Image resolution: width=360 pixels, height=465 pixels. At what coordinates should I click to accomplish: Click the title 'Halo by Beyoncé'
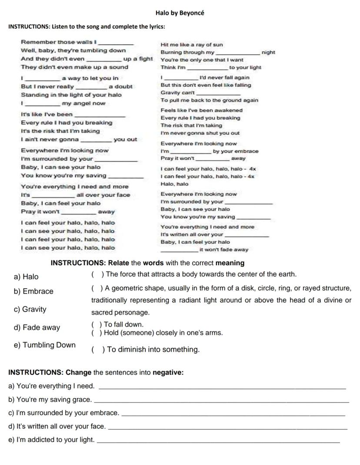pos(180,13)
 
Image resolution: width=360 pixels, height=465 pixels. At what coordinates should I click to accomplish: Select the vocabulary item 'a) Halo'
pos(26,277)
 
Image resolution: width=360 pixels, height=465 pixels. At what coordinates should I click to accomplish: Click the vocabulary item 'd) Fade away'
pos(37,327)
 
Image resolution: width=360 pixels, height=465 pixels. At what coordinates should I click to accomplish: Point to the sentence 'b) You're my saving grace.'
pos(50,399)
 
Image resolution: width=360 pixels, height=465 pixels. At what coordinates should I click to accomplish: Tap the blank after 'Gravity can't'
pos(218,93)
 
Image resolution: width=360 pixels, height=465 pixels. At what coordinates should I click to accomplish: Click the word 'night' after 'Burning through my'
pos(268,52)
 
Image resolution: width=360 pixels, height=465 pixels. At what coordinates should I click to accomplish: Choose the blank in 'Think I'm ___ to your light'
pos(207,68)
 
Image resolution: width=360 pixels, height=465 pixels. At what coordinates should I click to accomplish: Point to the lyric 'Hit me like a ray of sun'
pos(192,45)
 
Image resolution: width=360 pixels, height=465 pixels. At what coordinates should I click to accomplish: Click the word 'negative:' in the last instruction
pos(168,373)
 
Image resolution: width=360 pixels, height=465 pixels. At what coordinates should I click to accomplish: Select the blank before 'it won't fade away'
pos(179,251)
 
